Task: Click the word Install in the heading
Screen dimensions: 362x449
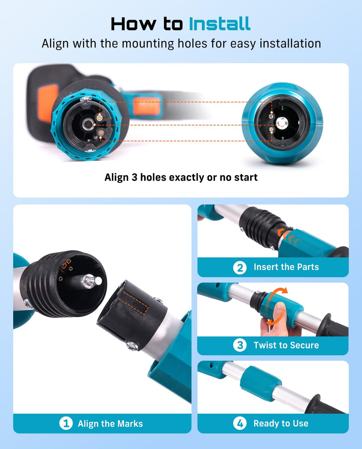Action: point(220,24)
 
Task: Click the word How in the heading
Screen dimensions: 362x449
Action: point(133,24)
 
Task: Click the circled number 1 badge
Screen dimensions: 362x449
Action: point(66,423)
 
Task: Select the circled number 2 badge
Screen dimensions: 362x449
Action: point(240,268)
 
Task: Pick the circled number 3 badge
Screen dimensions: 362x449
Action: point(240,345)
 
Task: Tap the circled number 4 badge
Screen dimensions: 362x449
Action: point(240,423)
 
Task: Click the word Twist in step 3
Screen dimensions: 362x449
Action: point(265,345)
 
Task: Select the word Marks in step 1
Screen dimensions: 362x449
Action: point(130,424)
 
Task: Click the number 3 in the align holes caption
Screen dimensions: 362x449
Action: point(134,177)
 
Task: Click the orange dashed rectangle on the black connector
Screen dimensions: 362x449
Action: point(134,302)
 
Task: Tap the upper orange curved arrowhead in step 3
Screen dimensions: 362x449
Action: point(284,290)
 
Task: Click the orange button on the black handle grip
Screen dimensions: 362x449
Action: point(48,102)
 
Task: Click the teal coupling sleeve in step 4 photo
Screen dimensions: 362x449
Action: point(261,384)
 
